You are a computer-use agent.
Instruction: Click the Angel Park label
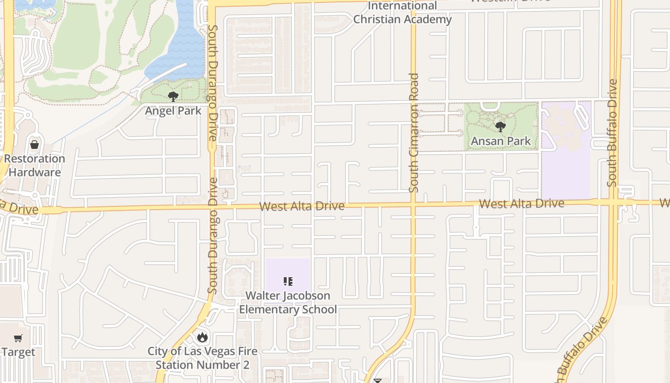pos(173,111)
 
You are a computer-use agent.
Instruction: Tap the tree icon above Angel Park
pos(173,97)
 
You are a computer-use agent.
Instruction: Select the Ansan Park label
pos(501,141)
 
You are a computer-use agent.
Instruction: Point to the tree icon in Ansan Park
pos(501,127)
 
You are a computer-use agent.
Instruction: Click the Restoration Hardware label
pos(35,165)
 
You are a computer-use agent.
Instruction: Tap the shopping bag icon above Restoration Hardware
pos(34,144)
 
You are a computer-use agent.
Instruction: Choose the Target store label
pos(18,352)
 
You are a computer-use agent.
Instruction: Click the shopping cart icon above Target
pos(18,338)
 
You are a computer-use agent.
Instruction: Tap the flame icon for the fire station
pos(202,337)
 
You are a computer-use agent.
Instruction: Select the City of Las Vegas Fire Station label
pos(202,358)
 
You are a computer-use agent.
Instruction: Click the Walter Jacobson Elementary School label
pos(288,302)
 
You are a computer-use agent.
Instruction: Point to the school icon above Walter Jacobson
pos(288,282)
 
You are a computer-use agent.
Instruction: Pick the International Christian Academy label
pos(402,13)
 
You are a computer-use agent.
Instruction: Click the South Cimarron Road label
pos(414,133)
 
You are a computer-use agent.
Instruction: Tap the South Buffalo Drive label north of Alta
pos(613,133)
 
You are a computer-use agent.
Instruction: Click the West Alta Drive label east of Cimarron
pos(521,203)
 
